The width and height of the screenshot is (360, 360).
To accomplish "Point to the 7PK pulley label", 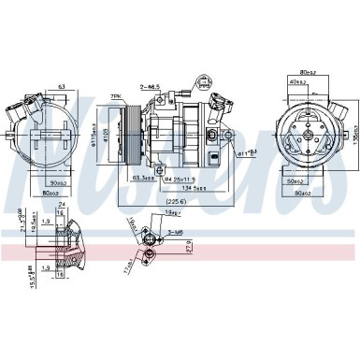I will pyautogui.click(x=117, y=97).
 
